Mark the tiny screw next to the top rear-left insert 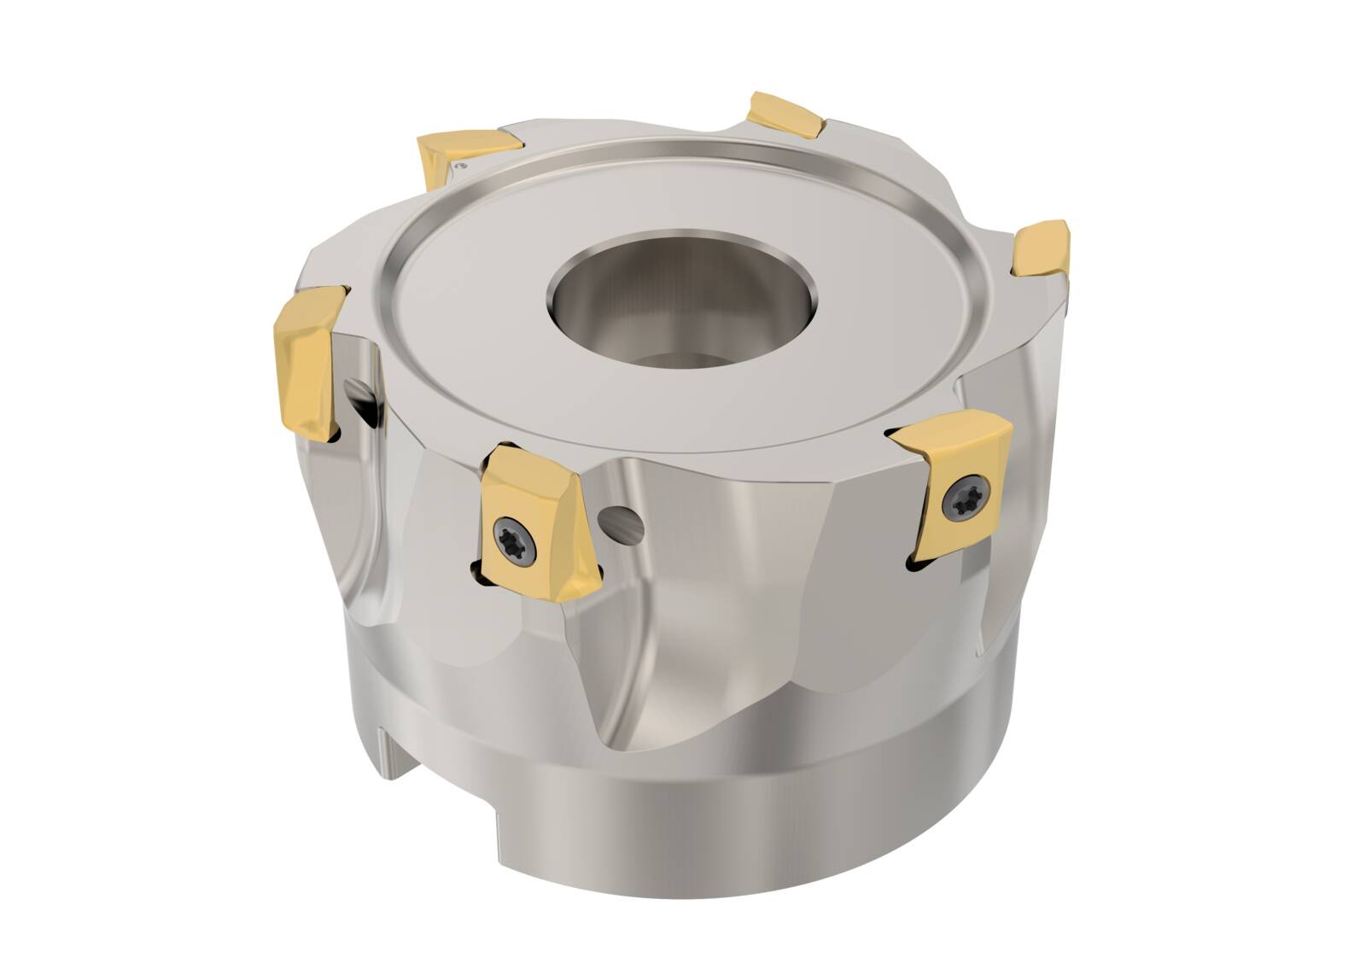(463, 161)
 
